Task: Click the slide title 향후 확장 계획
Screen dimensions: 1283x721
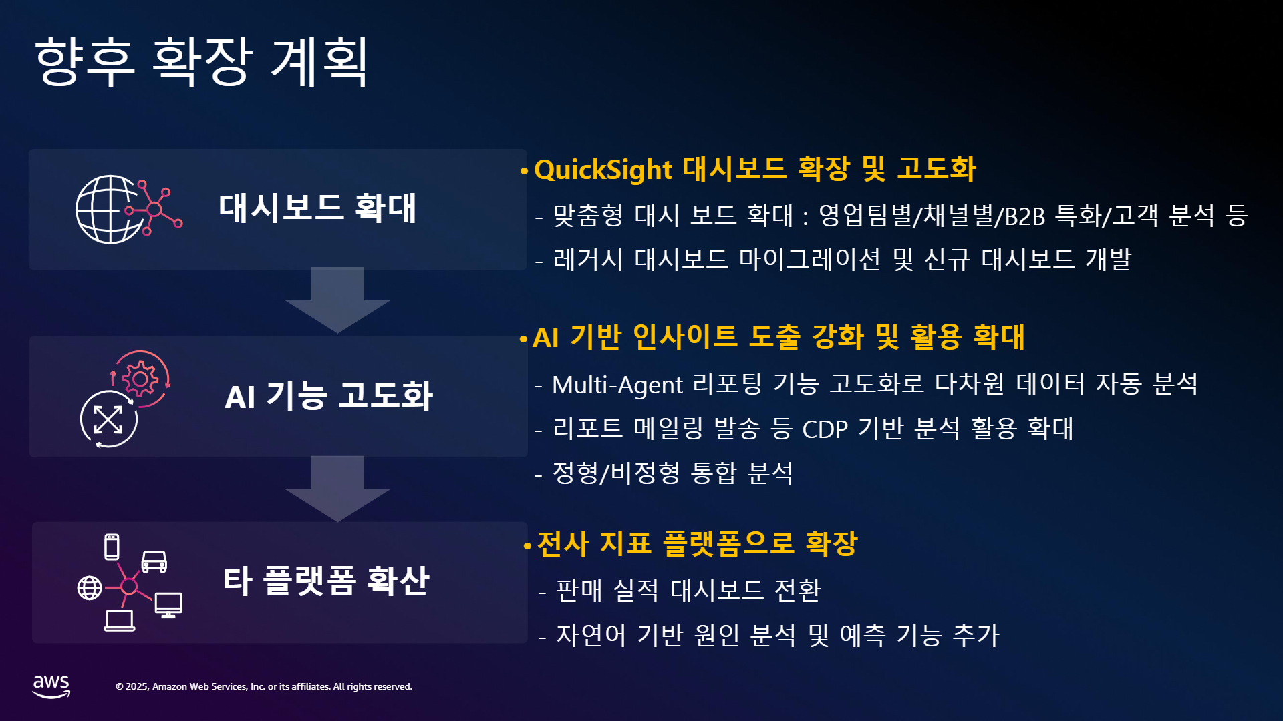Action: click(x=201, y=61)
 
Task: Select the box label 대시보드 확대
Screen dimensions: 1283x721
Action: click(x=317, y=208)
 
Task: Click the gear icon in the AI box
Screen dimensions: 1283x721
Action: click(x=140, y=379)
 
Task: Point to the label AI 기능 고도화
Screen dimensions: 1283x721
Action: click(x=329, y=396)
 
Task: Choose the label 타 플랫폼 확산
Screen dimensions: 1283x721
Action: click(x=325, y=581)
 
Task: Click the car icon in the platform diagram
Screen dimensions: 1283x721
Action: click(x=154, y=562)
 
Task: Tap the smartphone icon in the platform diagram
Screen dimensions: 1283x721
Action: click(x=112, y=547)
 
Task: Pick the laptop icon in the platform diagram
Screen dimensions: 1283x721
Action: click(x=120, y=620)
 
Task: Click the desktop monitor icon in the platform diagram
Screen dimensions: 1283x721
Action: click(x=168, y=605)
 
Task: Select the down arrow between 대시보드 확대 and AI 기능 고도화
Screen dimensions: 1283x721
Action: click(x=337, y=300)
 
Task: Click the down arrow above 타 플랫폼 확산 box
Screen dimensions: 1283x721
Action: click(x=337, y=489)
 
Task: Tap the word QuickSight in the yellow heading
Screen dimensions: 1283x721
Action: click(x=603, y=170)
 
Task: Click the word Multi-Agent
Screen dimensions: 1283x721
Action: click(x=617, y=385)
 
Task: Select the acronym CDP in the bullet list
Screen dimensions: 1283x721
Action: click(x=825, y=429)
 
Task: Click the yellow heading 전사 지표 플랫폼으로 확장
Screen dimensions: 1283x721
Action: click(x=697, y=543)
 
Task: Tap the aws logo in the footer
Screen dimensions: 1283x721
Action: click(x=51, y=686)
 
